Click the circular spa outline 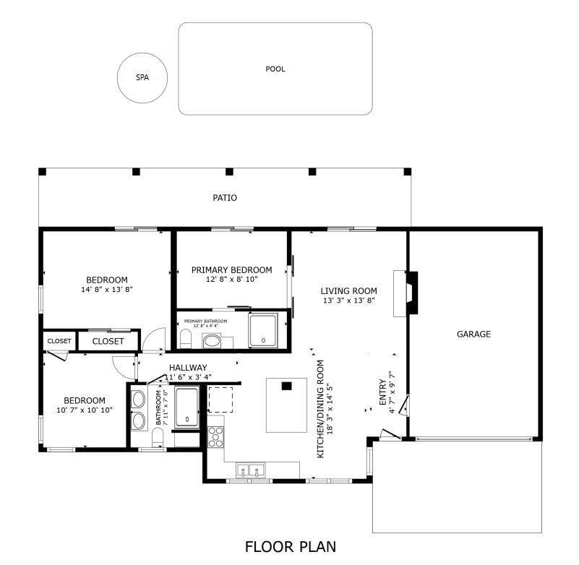click(x=142, y=77)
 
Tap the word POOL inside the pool click(x=275, y=69)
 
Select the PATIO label click(x=225, y=198)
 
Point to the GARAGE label click(x=473, y=334)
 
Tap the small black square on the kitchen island click(x=287, y=386)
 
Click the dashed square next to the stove click(x=220, y=398)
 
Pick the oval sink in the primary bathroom click(x=212, y=340)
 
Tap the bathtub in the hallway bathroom click(x=186, y=407)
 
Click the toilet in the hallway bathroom click(x=157, y=436)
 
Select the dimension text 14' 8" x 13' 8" click(x=107, y=289)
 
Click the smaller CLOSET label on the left click(x=59, y=341)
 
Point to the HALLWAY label click(x=188, y=367)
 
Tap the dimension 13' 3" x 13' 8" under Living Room click(x=348, y=301)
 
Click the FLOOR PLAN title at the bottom click(x=290, y=546)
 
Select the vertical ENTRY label click(x=383, y=392)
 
